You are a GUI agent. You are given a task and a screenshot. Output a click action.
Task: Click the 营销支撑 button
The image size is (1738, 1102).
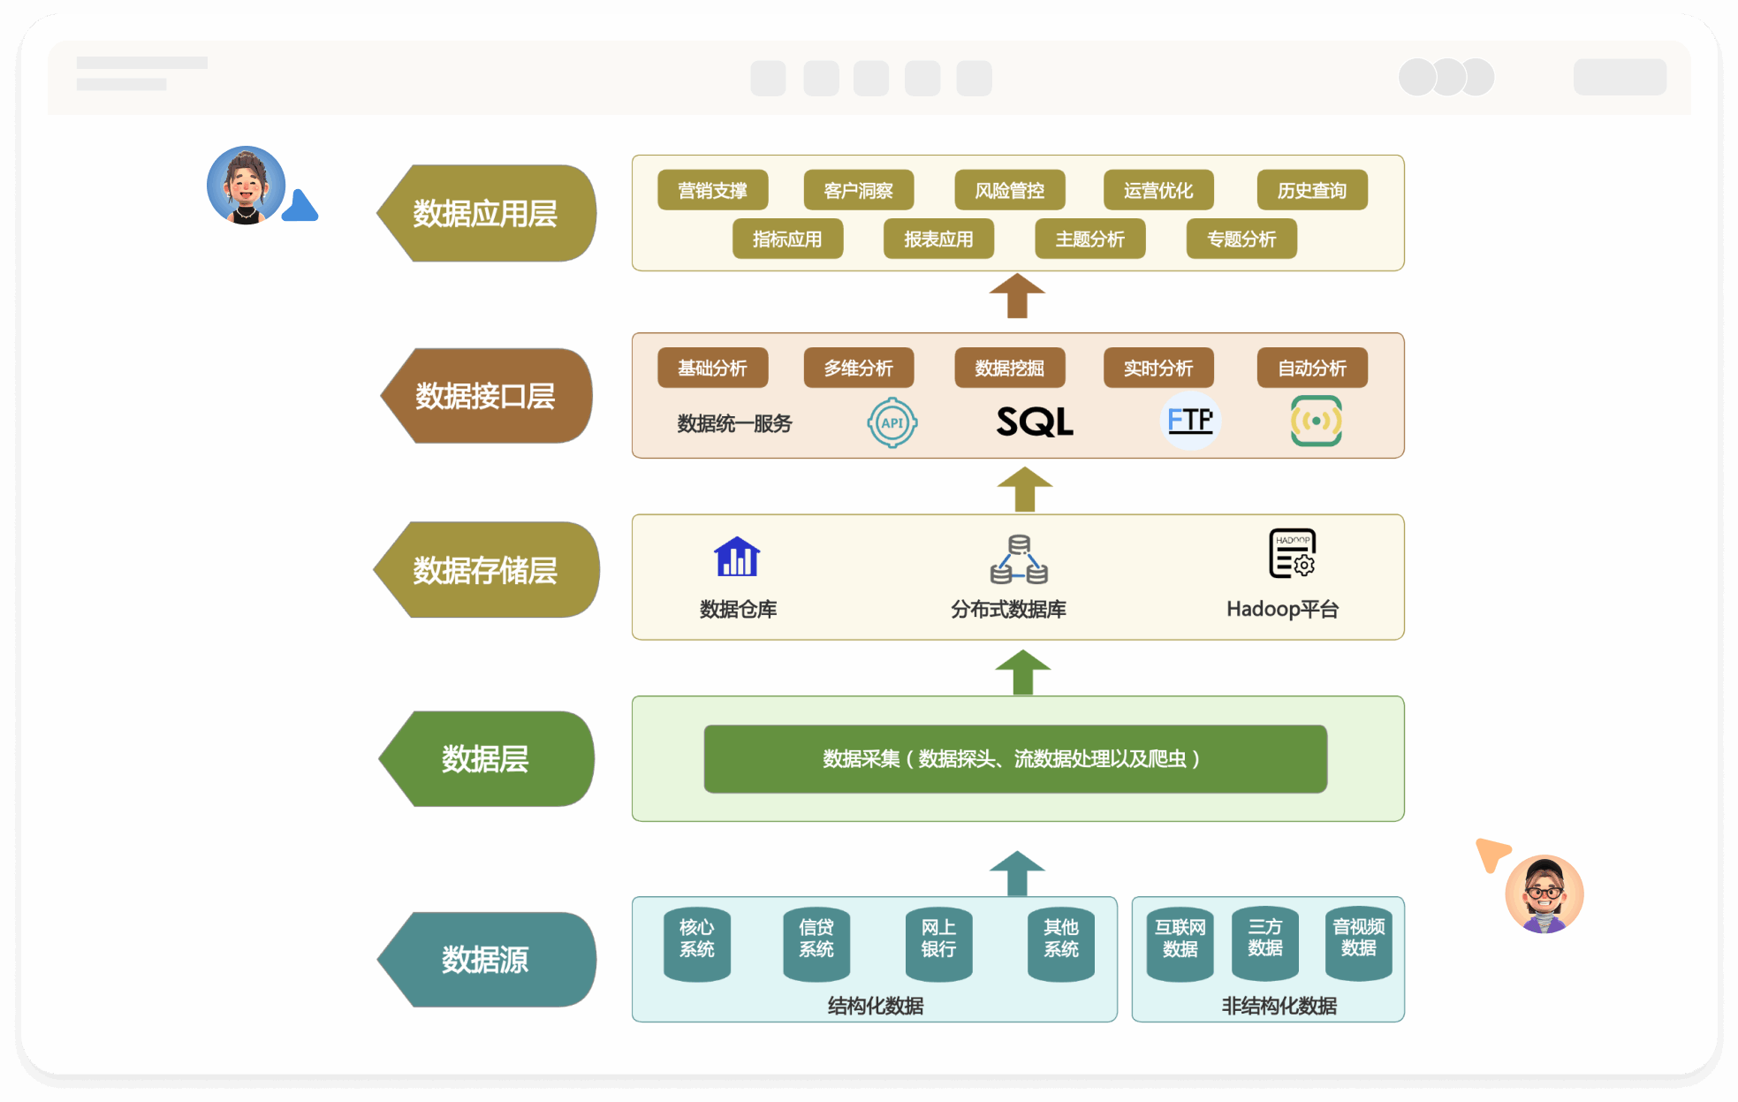pos(712,190)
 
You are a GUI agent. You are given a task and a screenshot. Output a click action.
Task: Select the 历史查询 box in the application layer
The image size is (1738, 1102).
pos(1311,190)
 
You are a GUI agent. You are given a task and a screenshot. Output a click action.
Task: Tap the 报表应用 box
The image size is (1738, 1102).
pos(938,239)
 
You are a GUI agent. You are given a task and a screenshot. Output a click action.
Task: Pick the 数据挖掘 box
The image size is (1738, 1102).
pos(1009,368)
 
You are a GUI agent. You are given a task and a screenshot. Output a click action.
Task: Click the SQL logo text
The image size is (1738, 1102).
pos(1035,422)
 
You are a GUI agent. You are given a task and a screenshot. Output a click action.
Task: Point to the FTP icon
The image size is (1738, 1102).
pos(1189,421)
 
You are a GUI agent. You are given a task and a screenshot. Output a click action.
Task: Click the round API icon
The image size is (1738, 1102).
pos(892,422)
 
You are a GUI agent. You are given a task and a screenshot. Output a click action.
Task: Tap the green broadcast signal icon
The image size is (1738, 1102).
pos(1316,421)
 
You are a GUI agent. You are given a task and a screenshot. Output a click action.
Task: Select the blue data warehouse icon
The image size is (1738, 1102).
pos(737,557)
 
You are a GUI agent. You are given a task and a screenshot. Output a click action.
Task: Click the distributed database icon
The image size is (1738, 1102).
pos(1019,559)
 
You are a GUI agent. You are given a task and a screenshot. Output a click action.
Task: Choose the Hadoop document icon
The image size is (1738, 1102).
pos(1292,554)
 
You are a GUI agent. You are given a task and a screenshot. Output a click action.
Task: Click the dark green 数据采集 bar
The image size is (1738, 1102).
pos(1014,758)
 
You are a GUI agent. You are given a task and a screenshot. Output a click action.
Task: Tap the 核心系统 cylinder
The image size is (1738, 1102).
pos(696,942)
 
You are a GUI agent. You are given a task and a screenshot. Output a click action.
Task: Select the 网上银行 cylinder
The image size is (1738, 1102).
pos(938,942)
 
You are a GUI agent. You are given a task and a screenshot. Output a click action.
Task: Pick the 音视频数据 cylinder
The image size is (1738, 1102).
pos(1358,942)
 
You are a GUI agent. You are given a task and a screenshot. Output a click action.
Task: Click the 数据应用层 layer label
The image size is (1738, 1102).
pos(486,213)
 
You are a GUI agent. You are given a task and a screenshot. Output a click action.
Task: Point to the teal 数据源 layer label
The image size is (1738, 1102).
pos(486,959)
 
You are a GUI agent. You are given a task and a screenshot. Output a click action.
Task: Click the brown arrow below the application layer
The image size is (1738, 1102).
pos(1017,295)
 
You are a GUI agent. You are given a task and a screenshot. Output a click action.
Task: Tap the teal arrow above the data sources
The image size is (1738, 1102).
pos(1017,873)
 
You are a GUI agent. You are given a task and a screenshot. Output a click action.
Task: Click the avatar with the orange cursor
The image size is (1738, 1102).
pos(1544,893)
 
